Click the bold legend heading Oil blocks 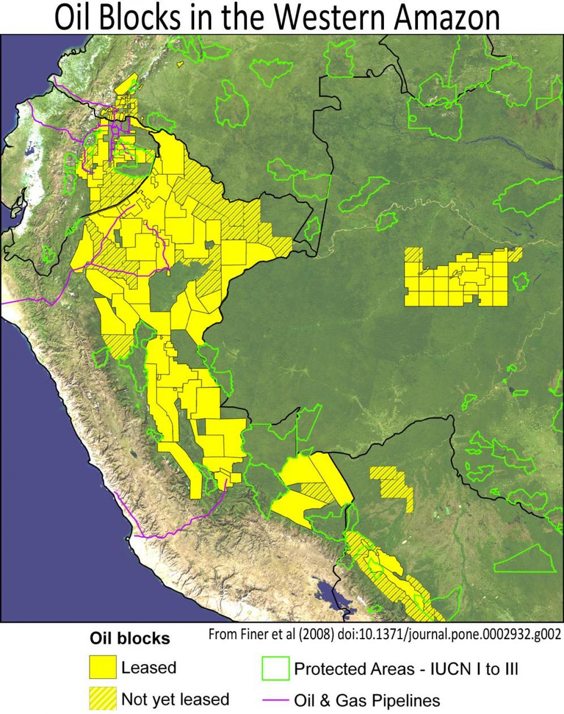click(130, 639)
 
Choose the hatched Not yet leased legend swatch click(102, 698)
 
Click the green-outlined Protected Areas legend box click(275, 668)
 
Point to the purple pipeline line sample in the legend click(275, 700)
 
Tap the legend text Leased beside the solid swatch click(149, 668)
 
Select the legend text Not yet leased click(175, 699)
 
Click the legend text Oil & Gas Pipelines click(367, 700)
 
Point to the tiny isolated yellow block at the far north click(179, 64)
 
